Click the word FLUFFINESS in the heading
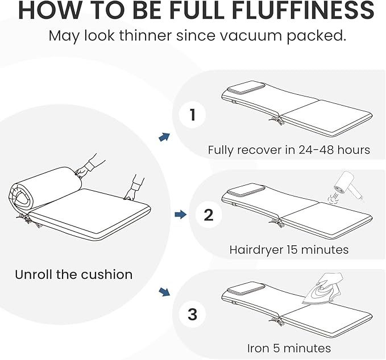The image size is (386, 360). point(304,10)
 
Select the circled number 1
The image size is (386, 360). point(192,115)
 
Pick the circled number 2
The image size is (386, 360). point(209,215)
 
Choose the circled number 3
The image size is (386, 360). point(192,314)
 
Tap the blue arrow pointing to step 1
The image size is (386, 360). point(164,137)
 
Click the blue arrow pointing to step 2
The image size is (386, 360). point(181,215)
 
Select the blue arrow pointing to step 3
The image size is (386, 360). point(164,292)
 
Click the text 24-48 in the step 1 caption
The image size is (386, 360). point(316,150)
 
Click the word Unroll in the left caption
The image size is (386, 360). point(34,274)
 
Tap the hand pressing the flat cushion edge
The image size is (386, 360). point(130,195)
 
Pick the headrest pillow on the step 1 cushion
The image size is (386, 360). point(246,88)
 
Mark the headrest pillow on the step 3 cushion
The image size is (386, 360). point(246,287)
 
